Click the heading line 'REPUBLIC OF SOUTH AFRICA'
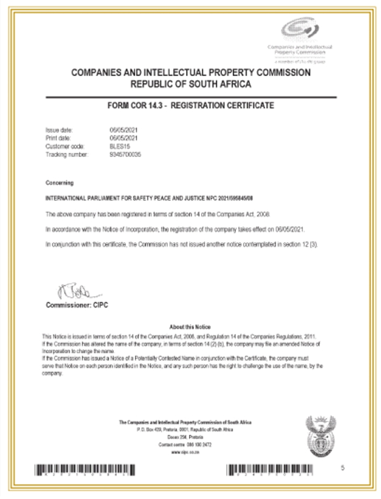click(x=191, y=84)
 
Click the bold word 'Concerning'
click(x=59, y=183)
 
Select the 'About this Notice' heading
click(x=190, y=327)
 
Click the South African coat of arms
click(x=321, y=436)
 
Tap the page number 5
click(x=342, y=468)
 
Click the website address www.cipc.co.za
click(x=186, y=452)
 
